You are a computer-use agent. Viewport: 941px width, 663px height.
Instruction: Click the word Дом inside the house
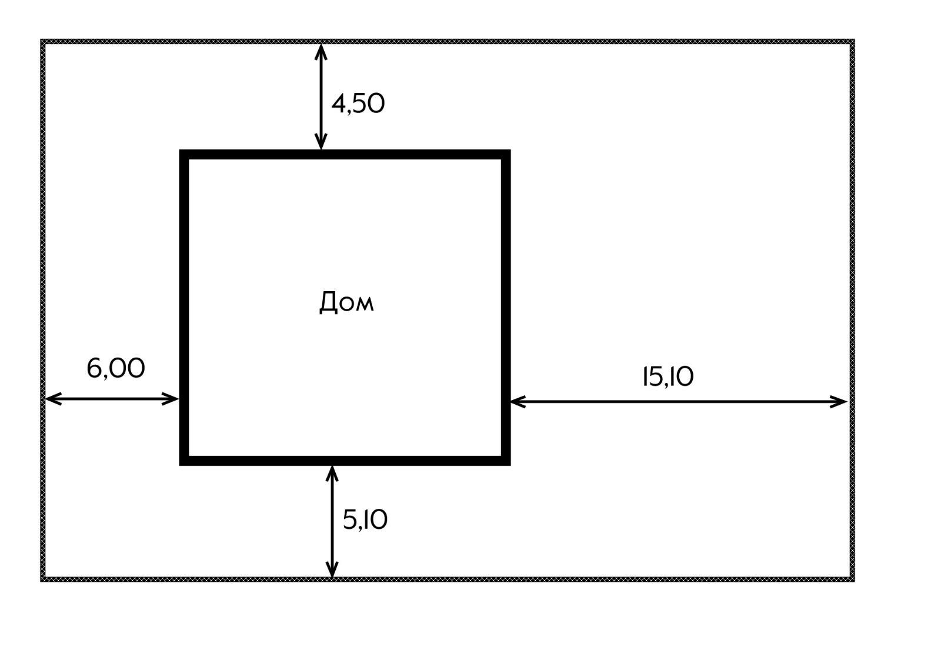tap(346, 302)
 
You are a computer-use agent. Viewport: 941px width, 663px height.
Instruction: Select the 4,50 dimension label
tap(358, 104)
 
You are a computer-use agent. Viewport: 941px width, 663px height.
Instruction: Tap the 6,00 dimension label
tap(115, 369)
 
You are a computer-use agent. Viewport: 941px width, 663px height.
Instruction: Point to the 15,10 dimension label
tap(668, 377)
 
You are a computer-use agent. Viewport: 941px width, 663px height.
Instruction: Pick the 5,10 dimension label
tap(365, 520)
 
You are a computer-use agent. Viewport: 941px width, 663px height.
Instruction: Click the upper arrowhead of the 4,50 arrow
tap(321, 48)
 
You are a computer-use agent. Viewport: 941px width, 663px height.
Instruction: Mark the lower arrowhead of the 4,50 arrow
tap(321, 145)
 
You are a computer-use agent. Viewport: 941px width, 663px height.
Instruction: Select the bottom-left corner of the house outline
tap(183, 461)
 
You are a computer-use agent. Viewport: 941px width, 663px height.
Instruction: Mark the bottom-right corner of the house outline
tap(506, 461)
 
